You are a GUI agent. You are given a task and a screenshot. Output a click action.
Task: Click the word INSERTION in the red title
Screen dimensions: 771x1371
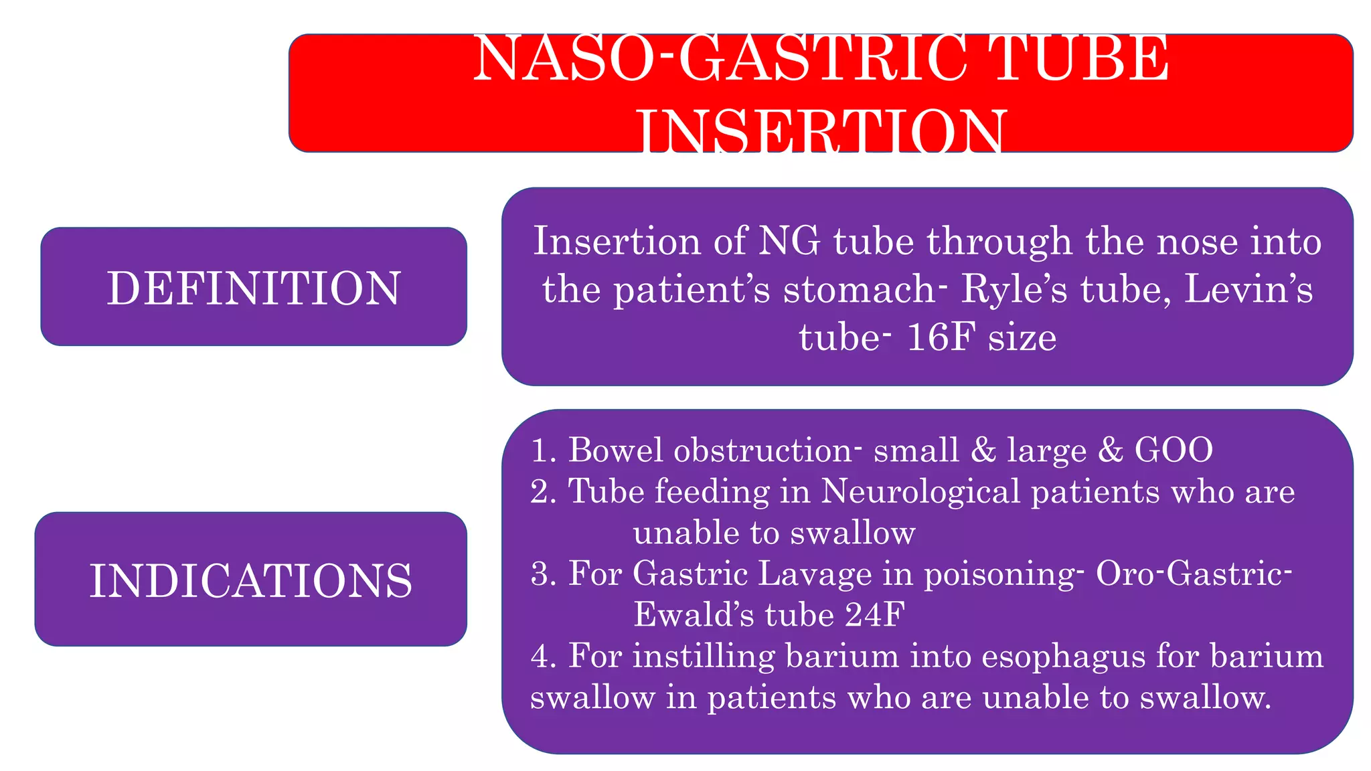(821, 131)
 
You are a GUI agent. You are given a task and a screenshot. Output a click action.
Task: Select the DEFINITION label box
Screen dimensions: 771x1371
(254, 287)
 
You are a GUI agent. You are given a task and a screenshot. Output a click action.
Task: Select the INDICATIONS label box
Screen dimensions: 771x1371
(251, 580)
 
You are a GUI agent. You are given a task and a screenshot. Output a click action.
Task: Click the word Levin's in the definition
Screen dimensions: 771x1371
(1248, 289)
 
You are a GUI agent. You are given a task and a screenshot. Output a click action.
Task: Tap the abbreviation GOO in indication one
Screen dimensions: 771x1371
(1174, 449)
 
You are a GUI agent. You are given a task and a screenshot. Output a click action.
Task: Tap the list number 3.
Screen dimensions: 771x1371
(541, 574)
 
